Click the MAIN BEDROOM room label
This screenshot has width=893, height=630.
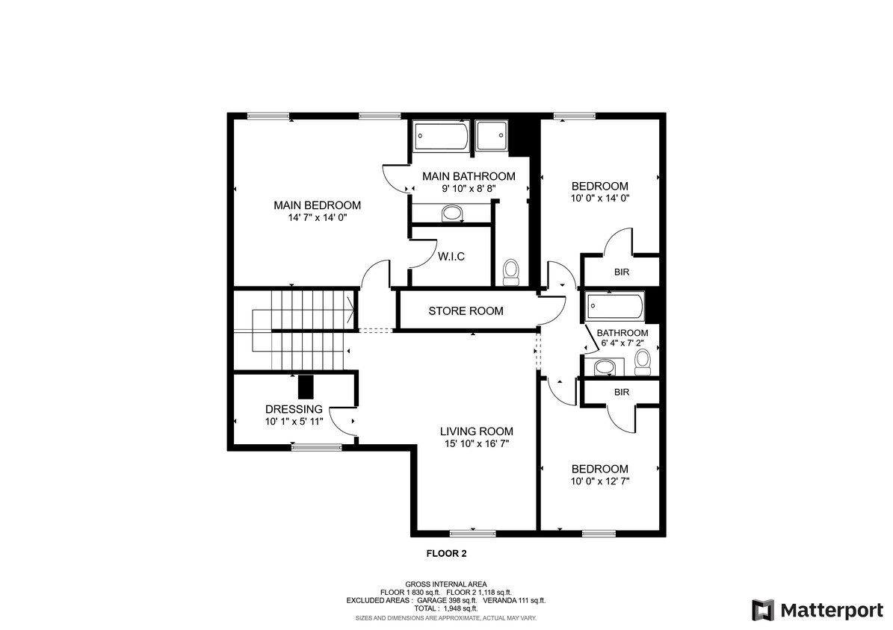tap(317, 205)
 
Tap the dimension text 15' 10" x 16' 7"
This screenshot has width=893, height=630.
tap(476, 444)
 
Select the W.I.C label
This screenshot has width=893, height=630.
tap(451, 257)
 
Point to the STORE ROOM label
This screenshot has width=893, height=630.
tap(466, 311)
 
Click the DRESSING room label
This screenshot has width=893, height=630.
tap(294, 409)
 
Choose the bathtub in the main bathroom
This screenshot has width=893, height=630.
tap(442, 137)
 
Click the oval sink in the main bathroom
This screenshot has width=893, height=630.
tap(452, 214)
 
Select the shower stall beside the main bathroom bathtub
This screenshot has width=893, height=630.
tap(491, 137)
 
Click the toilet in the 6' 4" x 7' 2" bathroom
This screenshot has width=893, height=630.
tap(643, 361)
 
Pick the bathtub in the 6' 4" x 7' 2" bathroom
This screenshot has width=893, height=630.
tap(615, 305)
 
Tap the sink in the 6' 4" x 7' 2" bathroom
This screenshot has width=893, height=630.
tap(604, 367)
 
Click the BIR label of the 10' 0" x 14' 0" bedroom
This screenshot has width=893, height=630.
tap(621, 272)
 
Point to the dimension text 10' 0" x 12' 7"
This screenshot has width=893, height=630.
tap(600, 481)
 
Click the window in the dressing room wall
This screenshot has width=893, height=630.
tap(316, 447)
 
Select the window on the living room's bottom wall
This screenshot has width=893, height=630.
tap(473, 533)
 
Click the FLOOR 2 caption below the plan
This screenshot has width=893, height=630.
tap(446, 554)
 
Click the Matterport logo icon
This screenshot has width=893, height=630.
tap(763, 610)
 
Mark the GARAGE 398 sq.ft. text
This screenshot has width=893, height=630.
tap(448, 600)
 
